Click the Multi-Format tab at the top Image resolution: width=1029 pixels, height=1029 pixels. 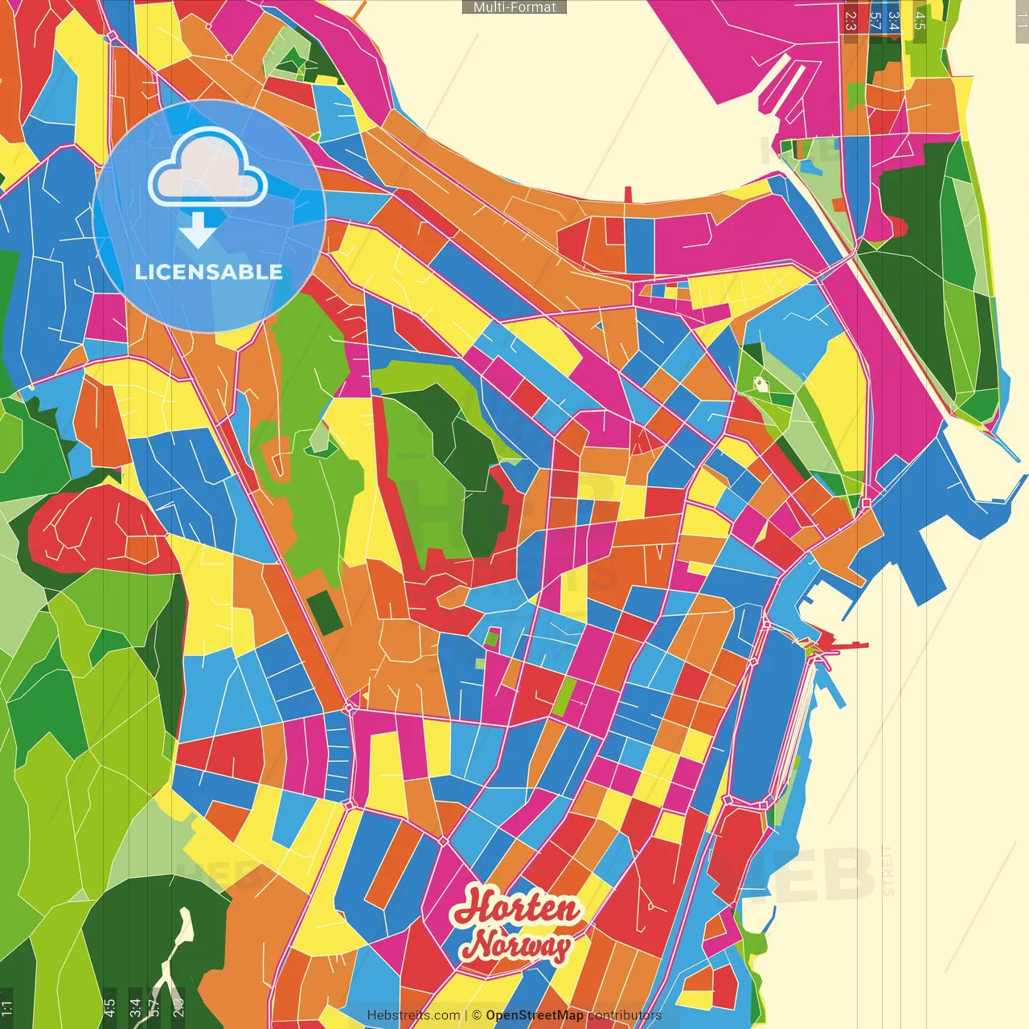[x=514, y=7]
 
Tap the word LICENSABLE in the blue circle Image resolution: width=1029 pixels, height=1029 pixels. [x=208, y=272]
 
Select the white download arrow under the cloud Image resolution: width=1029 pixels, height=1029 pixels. [x=197, y=230]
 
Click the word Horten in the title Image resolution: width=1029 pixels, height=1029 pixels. [x=516, y=908]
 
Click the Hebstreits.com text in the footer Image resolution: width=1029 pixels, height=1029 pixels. [x=413, y=1015]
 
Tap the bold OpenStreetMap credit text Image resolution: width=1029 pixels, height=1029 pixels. [x=534, y=1015]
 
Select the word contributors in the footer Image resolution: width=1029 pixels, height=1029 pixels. [x=624, y=1015]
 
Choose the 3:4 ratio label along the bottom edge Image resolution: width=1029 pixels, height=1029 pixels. [x=135, y=1007]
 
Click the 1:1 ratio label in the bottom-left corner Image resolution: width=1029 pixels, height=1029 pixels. [x=6, y=1007]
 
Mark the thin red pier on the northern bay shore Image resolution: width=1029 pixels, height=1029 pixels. [x=628, y=195]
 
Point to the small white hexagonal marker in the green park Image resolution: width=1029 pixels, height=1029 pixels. [x=760, y=383]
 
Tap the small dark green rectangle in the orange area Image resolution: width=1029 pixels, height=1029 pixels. [x=326, y=611]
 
